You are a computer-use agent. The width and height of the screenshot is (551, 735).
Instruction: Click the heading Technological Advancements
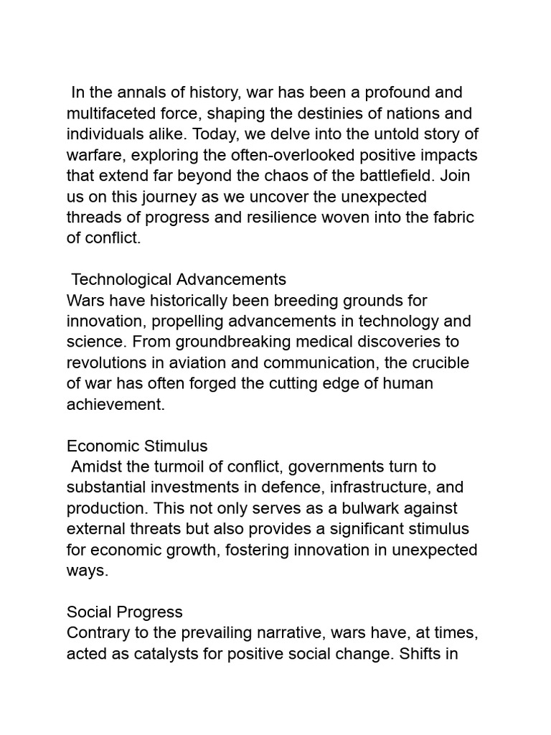pos(179,279)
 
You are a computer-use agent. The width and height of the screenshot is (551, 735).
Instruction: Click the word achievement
pos(116,404)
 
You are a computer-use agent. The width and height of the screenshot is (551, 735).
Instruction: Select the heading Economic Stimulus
pos(137,446)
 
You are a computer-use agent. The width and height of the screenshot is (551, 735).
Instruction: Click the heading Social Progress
pos(125,612)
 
